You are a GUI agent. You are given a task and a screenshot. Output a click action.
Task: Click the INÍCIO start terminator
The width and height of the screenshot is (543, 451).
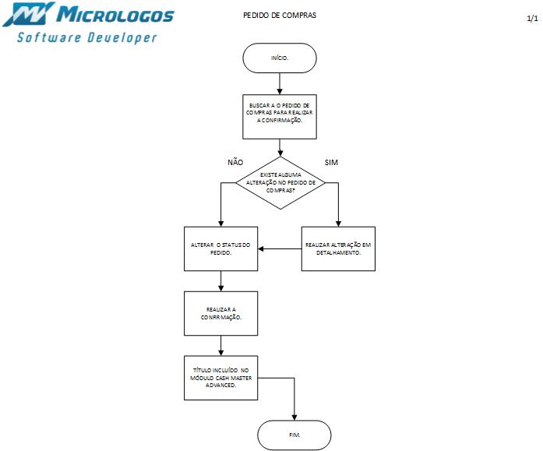(280, 58)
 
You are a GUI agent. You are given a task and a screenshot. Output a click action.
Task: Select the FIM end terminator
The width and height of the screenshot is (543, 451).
(294, 434)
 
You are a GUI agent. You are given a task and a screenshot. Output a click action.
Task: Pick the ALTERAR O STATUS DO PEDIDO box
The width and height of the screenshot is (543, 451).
(221, 248)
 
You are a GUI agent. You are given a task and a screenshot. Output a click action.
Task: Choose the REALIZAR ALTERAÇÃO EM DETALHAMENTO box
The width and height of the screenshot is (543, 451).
(338, 248)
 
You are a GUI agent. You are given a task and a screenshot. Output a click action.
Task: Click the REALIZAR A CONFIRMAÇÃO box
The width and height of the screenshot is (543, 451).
(221, 313)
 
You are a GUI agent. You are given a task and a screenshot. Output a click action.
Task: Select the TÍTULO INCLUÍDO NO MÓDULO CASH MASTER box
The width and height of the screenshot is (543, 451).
(221, 377)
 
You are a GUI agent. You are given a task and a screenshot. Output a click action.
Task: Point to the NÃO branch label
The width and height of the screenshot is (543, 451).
(235, 162)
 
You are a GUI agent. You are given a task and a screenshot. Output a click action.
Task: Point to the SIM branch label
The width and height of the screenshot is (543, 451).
(331, 162)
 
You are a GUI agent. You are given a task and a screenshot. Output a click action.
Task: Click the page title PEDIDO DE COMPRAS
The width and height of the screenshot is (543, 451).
(280, 16)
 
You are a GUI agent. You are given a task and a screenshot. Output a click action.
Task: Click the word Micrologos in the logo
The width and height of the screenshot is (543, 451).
(117, 15)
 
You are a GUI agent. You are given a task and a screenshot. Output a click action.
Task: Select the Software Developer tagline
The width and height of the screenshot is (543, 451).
(87, 37)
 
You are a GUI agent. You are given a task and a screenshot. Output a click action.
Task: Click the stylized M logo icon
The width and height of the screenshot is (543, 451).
(30, 14)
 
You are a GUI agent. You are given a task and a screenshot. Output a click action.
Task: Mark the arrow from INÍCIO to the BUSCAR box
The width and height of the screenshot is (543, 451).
(280, 83)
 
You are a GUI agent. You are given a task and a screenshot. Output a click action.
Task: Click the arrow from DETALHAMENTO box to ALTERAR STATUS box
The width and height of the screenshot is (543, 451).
(280, 248)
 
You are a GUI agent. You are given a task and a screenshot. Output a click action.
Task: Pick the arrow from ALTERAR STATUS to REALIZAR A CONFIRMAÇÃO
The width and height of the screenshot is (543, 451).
(221, 280)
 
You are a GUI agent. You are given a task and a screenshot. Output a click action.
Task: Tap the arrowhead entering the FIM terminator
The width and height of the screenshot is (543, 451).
(295, 418)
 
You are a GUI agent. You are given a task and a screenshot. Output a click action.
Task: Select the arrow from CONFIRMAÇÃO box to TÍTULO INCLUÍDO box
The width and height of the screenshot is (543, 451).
(221, 345)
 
